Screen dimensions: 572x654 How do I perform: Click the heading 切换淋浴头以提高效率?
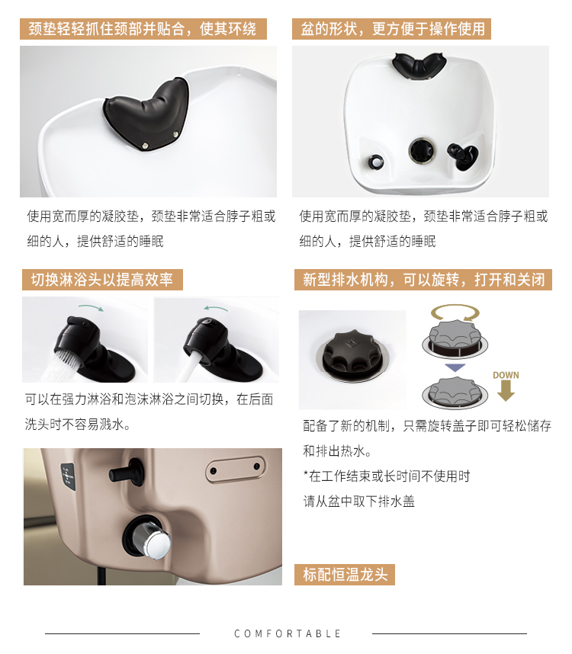pos(102,280)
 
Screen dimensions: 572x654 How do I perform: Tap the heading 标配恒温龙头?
pos(345,574)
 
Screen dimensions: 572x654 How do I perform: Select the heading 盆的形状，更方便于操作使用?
pos(392,29)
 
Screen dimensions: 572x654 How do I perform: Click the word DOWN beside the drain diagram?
pos(506,375)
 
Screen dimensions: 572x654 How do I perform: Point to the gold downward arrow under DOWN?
pos(506,392)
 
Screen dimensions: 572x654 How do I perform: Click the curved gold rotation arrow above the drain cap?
pos(455,312)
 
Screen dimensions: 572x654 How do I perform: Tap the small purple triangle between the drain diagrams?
pos(455,367)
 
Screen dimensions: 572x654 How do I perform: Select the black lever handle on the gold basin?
pos(126,472)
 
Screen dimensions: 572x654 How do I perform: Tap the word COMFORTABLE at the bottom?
pos(287,633)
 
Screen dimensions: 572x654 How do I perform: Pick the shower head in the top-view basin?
pos(462,155)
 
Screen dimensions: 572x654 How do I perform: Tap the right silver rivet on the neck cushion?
pos(175,134)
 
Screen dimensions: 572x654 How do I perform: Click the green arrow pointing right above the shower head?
pos(91,307)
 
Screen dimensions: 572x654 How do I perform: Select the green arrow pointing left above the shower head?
pos(216,308)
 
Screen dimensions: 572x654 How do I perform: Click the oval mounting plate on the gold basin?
pos(236,470)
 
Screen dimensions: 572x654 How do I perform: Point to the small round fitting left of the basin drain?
pos(375,162)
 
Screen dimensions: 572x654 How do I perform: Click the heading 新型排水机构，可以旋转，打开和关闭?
pos(423,280)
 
